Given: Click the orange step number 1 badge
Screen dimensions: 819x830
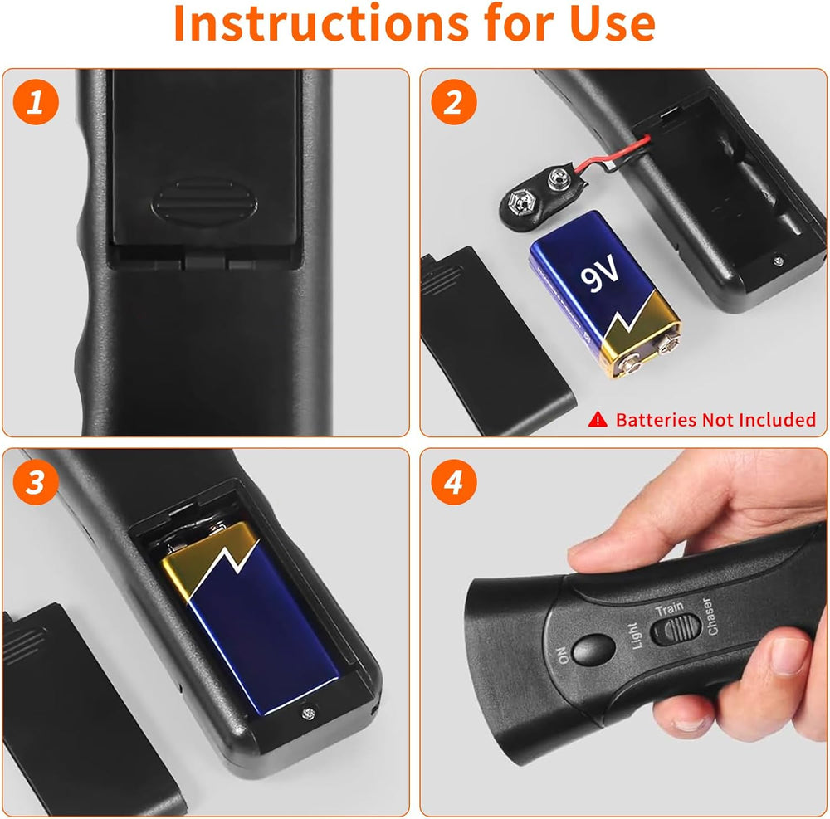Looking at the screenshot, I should coord(35,104).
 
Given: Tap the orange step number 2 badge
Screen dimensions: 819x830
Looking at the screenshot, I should coord(454,104).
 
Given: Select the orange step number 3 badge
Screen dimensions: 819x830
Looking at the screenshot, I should coord(35,484).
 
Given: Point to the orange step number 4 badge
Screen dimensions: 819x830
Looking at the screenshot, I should coord(454,484).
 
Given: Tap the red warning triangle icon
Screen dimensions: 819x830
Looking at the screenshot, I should coord(598,420).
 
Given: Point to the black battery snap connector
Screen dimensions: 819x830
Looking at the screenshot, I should coord(532,199).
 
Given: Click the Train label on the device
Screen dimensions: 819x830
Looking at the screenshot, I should coord(669,609).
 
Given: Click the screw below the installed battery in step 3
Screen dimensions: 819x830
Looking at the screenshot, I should coord(309,710).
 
